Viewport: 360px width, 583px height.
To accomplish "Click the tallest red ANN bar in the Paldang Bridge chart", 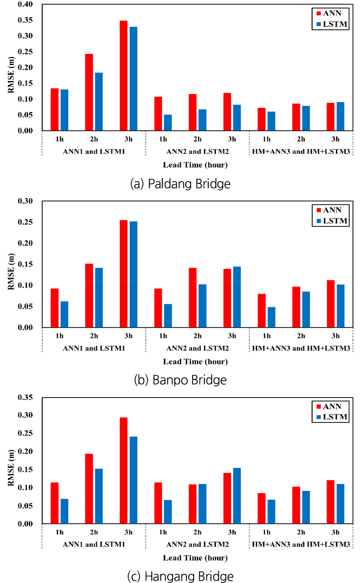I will (123, 76).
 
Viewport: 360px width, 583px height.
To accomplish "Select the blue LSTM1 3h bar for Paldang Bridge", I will (133, 79).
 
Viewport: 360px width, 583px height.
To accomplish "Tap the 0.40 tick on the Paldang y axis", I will (25, 5).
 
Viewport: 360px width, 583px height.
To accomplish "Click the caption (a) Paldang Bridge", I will (180, 184).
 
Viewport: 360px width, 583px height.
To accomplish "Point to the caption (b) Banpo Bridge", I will (180, 380).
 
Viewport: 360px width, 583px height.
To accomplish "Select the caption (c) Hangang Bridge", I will (180, 576).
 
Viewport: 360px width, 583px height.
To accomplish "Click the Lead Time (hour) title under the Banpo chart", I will (195, 362).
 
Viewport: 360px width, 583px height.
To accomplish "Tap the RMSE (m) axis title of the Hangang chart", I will (11, 468).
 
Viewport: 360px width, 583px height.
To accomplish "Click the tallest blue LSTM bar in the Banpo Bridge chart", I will (133, 274).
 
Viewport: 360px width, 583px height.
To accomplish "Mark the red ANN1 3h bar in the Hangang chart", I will (123, 471).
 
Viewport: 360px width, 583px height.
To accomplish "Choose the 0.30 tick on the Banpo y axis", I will (25, 201).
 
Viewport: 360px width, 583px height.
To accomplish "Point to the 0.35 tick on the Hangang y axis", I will (25, 398).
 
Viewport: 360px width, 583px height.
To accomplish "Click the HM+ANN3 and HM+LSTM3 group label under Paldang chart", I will (301, 152).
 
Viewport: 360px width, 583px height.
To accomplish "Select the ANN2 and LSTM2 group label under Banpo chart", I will (197, 348).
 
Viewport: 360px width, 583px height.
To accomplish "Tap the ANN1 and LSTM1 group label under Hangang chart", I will (94, 544).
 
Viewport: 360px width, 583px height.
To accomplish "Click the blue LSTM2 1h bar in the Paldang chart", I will (168, 123).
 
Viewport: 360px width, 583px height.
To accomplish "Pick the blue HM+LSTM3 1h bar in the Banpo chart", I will (271, 317).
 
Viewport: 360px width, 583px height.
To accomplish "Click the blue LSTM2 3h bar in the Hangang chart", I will (237, 496).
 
